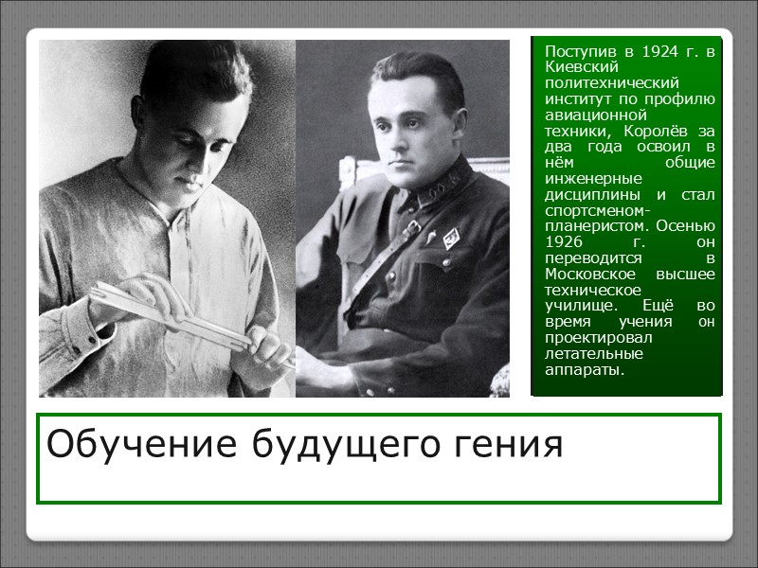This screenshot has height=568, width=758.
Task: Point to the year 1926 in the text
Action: [x=565, y=243]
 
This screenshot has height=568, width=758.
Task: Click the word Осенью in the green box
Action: [x=687, y=227]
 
